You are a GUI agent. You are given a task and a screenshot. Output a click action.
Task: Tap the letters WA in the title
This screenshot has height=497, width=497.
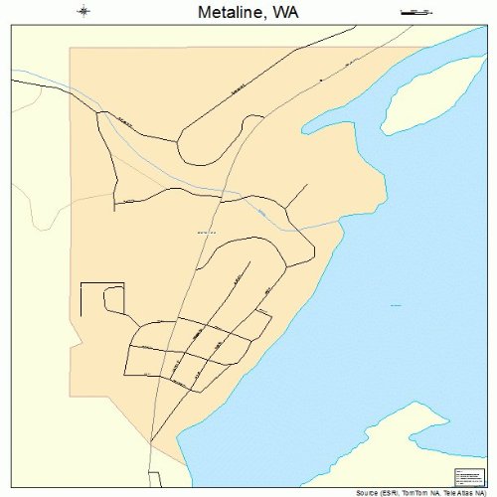click(x=284, y=13)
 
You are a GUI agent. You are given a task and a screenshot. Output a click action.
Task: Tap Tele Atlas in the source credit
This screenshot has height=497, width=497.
click(x=448, y=492)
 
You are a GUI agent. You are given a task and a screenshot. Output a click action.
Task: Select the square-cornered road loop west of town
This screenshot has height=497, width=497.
click(x=101, y=299)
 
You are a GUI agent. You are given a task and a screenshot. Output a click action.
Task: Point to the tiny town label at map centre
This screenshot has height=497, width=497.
click(x=207, y=233)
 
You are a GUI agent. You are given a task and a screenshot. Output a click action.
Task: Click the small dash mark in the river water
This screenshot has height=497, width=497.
click(x=396, y=304)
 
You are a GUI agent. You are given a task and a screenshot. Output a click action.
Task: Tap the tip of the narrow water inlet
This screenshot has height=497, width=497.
click(x=304, y=128)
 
